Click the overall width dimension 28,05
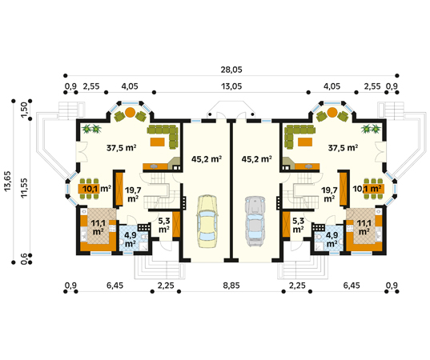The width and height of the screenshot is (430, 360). click(231, 70)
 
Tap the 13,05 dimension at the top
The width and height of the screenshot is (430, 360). click(231, 86)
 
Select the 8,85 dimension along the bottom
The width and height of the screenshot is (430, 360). click(231, 286)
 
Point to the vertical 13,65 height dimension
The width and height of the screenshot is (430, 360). click(7, 181)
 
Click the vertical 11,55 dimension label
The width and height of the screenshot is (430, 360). click(24, 188)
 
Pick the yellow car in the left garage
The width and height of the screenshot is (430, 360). click(207, 221)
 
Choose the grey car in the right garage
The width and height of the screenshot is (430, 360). click(255, 221)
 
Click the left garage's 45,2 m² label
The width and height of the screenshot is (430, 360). click(207, 159)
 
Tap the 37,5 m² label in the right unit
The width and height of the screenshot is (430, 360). click(343, 148)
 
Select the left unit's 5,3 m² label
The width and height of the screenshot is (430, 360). click(163, 225)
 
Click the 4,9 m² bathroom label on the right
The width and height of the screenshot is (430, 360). click(332, 239)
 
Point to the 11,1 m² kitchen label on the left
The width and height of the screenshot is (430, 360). click(98, 227)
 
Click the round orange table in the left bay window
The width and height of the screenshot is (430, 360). click(130, 112)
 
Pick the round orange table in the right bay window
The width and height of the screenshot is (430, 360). click(332, 112)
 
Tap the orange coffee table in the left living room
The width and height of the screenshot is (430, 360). click(158, 142)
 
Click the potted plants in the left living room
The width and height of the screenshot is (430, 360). click(91, 129)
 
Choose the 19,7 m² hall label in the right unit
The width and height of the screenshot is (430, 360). click(329, 194)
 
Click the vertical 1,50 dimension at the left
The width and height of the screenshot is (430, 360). click(24, 110)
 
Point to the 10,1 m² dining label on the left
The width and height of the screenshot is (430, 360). click(97, 189)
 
